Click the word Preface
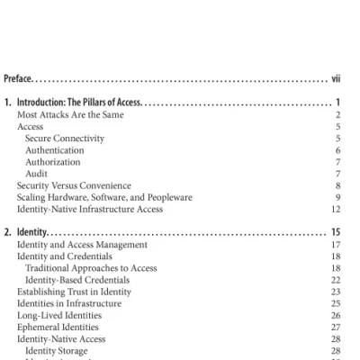point(19,78)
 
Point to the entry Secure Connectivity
point(65,139)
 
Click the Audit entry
point(37,174)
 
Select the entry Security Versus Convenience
point(74,185)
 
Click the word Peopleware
point(169,197)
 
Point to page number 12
point(336,209)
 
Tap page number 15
point(335,232)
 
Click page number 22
point(336,280)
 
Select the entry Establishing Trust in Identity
point(76,292)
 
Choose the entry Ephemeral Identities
point(60,327)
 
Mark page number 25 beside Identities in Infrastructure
point(336,303)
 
